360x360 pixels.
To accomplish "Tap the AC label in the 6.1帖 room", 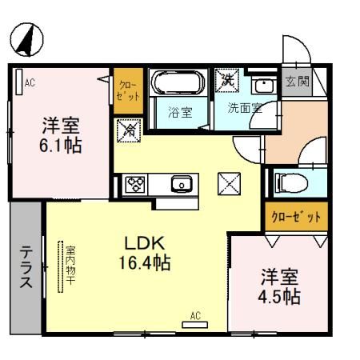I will click(x=30, y=82).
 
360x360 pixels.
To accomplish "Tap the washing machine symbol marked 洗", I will click(x=227, y=81).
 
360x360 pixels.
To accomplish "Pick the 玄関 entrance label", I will click(x=293, y=82).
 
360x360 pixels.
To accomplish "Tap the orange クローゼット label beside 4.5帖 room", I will click(x=295, y=217).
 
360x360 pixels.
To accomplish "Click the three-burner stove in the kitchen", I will click(x=133, y=184).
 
